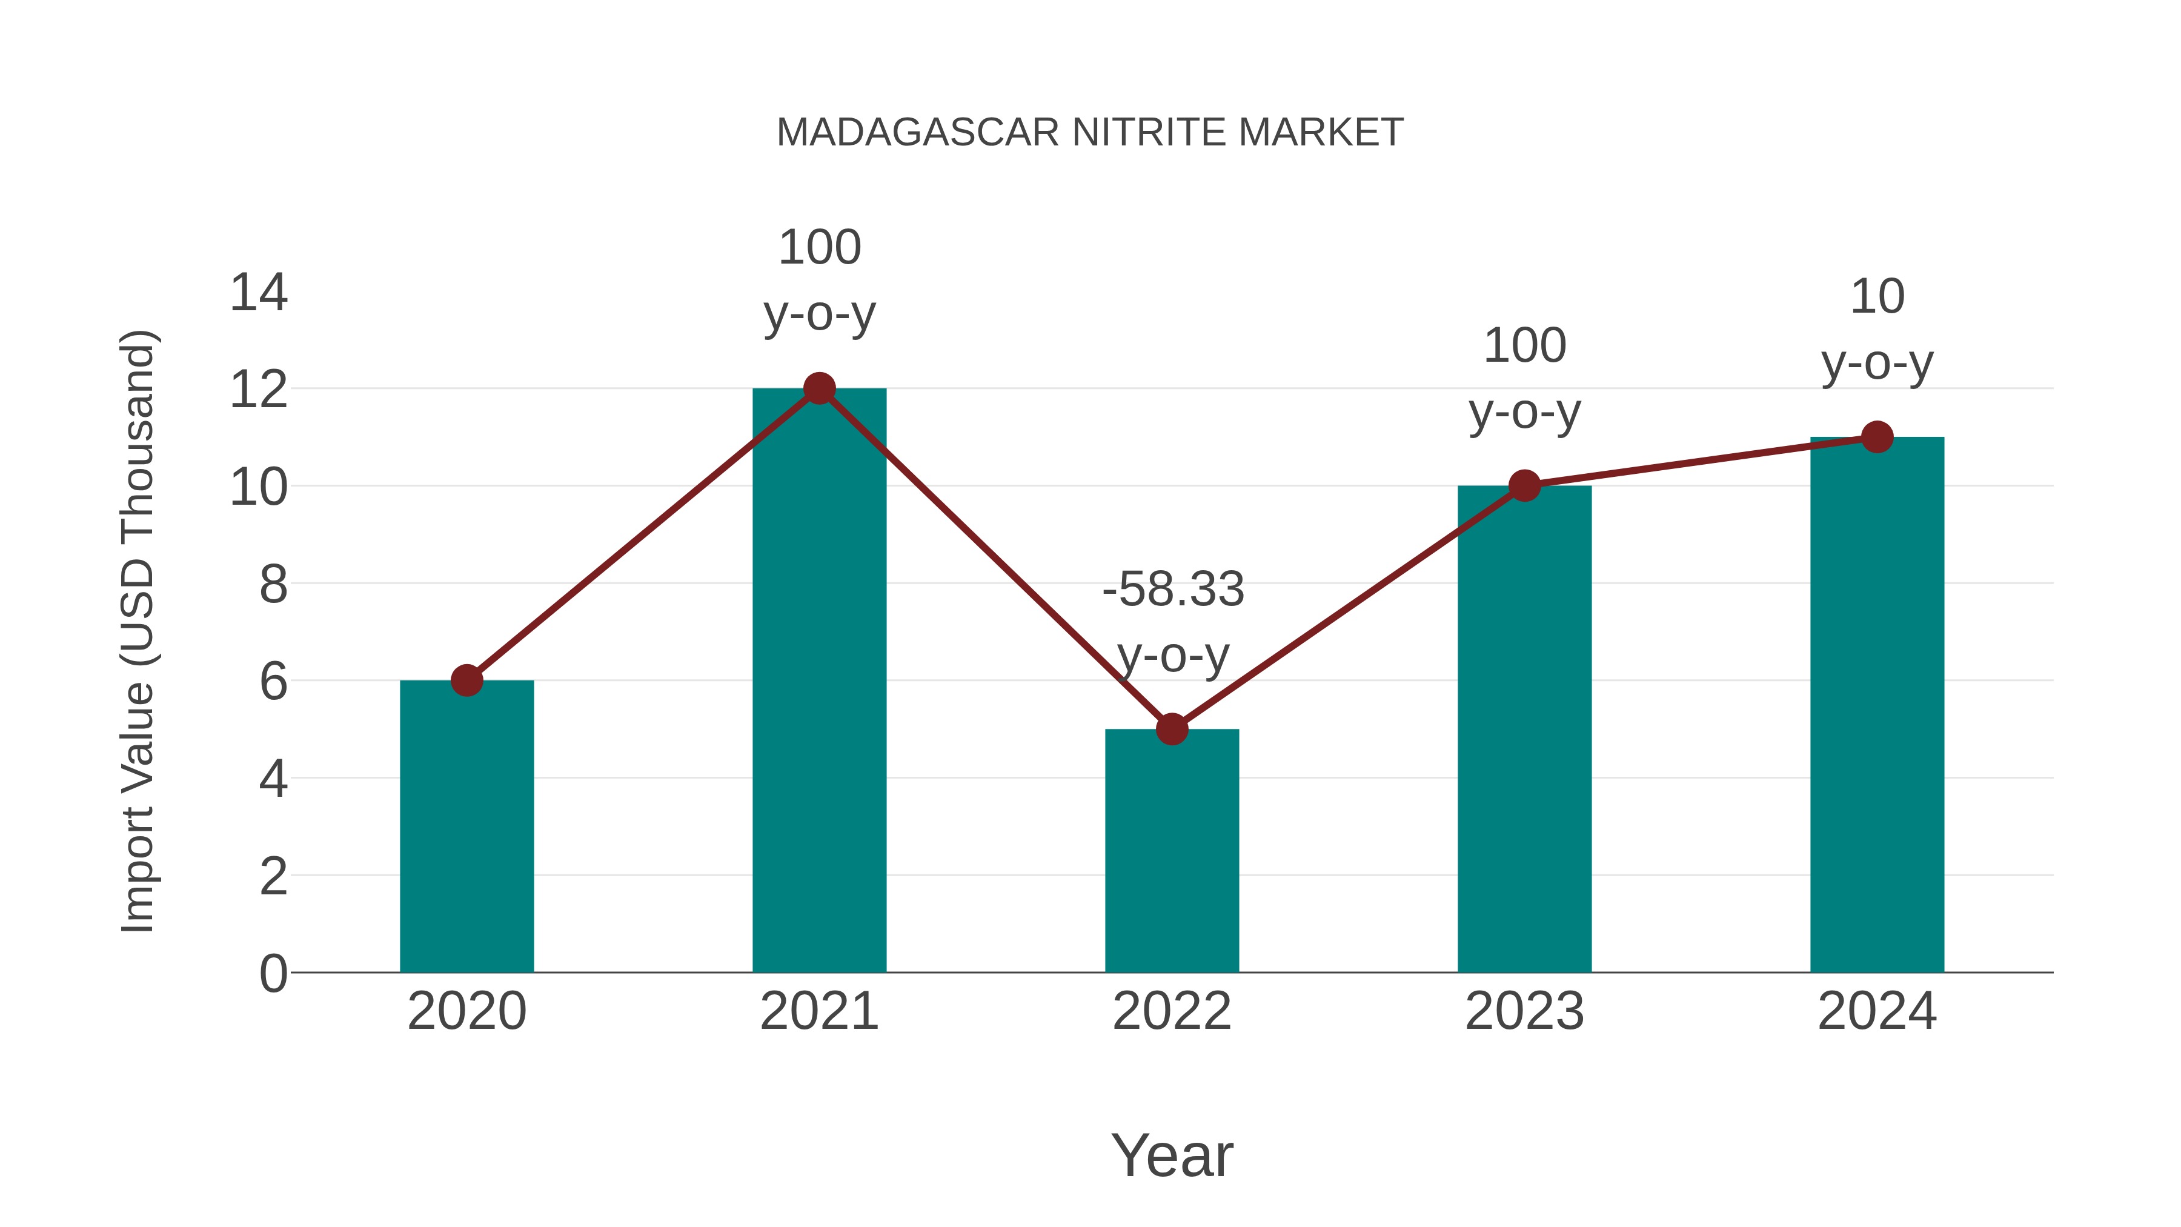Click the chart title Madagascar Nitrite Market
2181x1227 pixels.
1090,133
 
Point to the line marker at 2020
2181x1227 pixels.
466,680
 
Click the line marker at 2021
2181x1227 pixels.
818,388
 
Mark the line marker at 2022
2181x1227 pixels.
1172,728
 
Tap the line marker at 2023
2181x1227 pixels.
1524,486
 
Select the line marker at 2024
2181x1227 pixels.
1877,437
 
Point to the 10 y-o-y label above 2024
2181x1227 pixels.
1877,330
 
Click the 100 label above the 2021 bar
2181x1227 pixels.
818,247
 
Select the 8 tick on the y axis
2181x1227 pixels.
273,584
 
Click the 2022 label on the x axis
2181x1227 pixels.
1172,1011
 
